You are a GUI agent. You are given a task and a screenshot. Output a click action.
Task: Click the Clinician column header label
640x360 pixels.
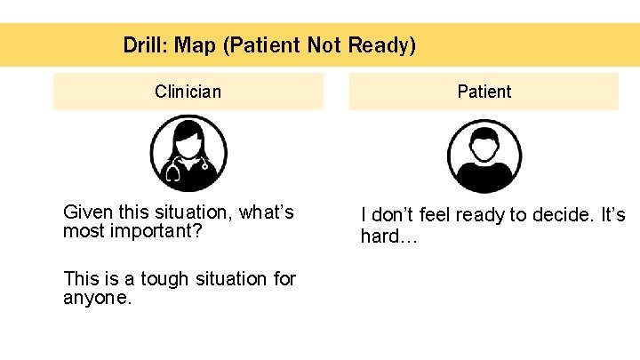(188, 92)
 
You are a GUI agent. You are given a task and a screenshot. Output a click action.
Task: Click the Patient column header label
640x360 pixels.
(484, 92)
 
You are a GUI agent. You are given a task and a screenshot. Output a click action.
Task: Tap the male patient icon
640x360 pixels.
(484, 156)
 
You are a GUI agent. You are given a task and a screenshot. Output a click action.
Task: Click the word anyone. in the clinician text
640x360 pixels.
(98, 299)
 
